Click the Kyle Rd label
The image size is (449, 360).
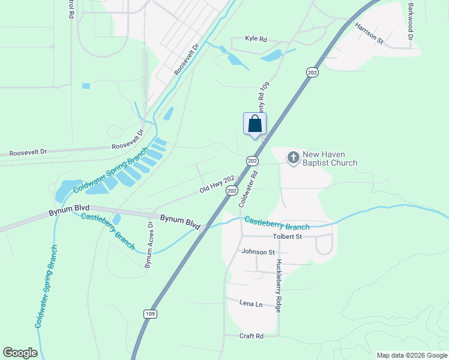[x=256, y=39]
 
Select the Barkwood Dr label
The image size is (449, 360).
[x=411, y=21]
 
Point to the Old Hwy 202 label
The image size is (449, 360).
[x=217, y=184]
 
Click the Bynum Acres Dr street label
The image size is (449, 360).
[x=149, y=242]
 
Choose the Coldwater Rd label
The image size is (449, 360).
[x=248, y=188]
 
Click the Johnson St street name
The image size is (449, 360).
[x=258, y=253]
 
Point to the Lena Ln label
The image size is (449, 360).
[x=251, y=304]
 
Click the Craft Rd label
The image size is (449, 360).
[x=252, y=336]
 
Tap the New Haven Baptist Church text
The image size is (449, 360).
[x=330, y=158]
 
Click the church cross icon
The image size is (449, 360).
[x=294, y=158]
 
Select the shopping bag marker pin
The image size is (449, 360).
[x=255, y=124]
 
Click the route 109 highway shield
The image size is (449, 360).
[x=150, y=314]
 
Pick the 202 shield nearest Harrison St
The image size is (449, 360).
[x=312, y=72]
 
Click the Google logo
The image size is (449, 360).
[x=20, y=353]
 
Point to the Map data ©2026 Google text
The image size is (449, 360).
[x=411, y=355]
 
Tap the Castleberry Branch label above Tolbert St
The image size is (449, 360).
[x=277, y=224]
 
